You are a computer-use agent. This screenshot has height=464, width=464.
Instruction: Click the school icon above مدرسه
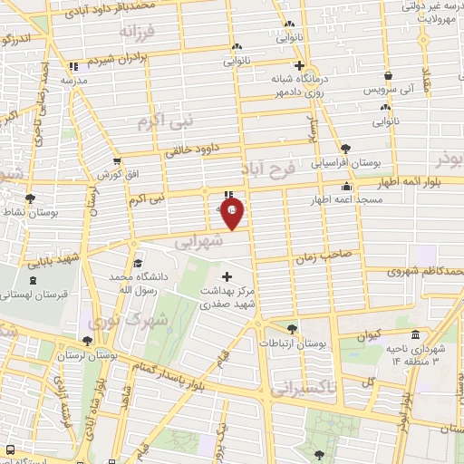click(x=73, y=66)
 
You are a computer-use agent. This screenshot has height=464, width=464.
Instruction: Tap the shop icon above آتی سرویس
click(x=388, y=76)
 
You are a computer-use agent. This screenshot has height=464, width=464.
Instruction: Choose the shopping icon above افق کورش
click(x=116, y=160)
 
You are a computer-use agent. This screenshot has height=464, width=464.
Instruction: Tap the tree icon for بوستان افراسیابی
click(x=344, y=149)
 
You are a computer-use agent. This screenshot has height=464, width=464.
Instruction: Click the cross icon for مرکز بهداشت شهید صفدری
click(x=226, y=275)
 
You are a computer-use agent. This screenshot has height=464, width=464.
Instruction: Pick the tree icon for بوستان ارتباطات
click(x=290, y=330)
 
